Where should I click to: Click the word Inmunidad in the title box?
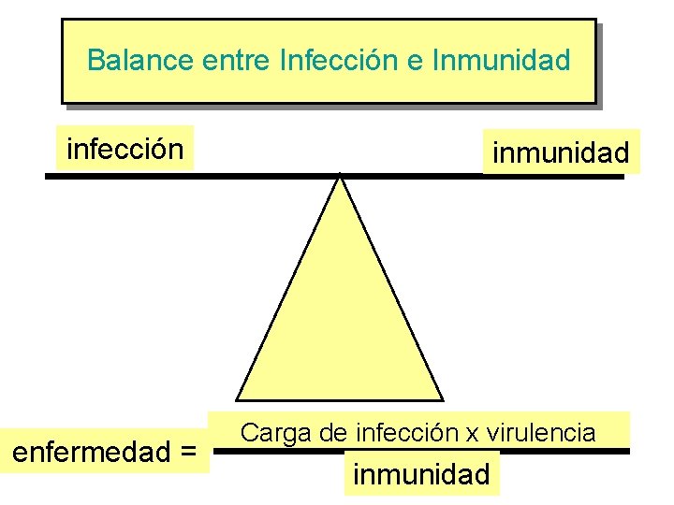[x=502, y=61]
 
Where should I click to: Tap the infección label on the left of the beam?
[x=125, y=149]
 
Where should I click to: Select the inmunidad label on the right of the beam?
[x=561, y=152]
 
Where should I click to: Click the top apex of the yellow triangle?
[x=340, y=177]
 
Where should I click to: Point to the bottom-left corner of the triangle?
[x=237, y=399]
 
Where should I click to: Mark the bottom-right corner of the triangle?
[x=442, y=399]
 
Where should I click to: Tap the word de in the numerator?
[x=333, y=433]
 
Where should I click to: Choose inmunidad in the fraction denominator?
[x=421, y=474]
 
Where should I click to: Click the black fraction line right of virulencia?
[x=614, y=451]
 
